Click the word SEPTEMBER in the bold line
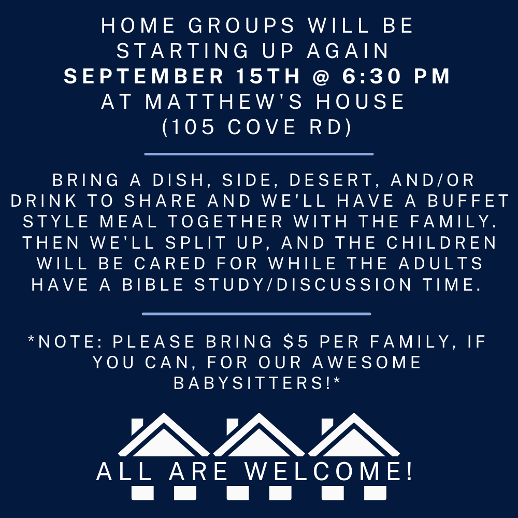click(144, 76)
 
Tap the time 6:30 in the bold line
click(371, 76)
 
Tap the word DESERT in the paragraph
click(331, 180)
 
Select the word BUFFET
click(468, 201)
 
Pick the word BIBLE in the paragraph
click(153, 285)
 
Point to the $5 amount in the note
click(296, 341)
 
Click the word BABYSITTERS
click(252, 383)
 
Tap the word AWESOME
click(367, 363)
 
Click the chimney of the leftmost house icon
click(137, 426)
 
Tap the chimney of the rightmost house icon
click(327, 426)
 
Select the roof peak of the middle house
click(258, 414)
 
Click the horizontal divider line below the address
click(259, 154)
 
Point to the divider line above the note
click(256, 314)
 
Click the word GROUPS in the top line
click(241, 25)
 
